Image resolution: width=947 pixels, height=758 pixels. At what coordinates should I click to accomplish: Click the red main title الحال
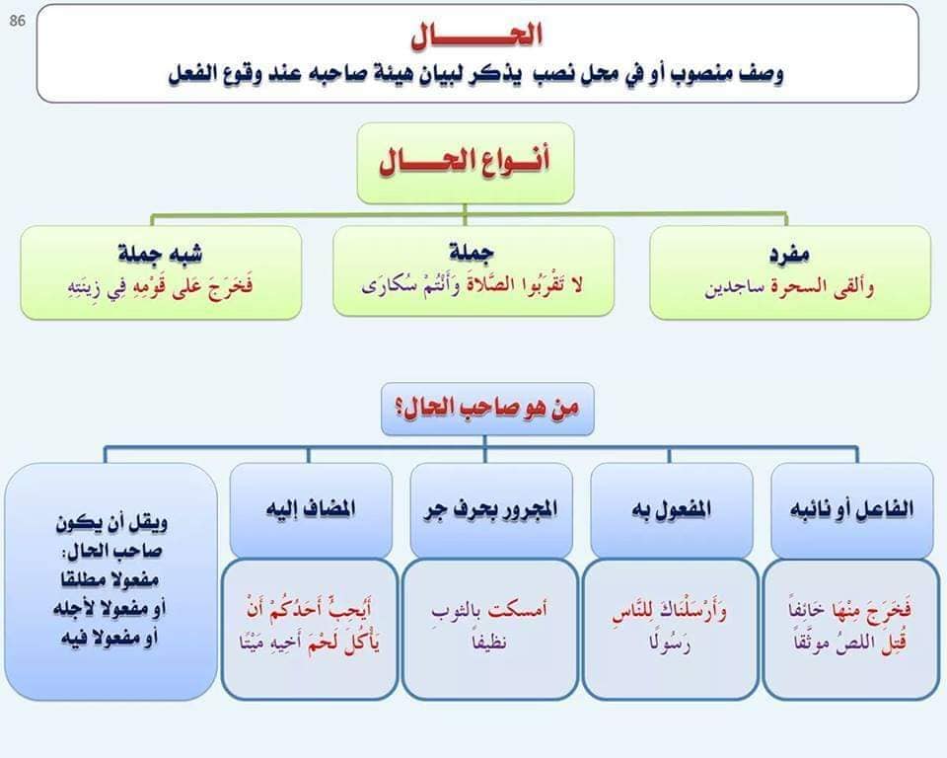point(476,36)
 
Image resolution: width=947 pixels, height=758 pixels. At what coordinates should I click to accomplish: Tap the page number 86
point(18,21)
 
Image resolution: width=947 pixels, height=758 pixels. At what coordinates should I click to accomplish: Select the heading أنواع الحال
point(465,162)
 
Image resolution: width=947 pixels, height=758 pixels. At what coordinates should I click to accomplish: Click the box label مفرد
point(789,255)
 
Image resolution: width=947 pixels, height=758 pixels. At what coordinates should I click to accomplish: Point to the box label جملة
point(473,252)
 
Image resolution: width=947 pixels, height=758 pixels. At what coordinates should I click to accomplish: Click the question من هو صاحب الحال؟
point(487,408)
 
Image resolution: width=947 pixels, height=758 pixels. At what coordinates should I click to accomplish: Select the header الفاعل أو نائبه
point(851,509)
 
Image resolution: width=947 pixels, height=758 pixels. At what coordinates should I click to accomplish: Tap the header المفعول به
point(672,509)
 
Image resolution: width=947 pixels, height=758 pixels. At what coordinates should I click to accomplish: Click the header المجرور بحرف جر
point(490,509)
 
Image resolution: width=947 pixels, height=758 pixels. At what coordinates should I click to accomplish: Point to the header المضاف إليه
point(311,508)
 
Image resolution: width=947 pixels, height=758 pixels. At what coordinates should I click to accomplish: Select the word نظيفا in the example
point(490,643)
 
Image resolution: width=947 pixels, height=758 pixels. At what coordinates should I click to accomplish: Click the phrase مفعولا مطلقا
point(109,579)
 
